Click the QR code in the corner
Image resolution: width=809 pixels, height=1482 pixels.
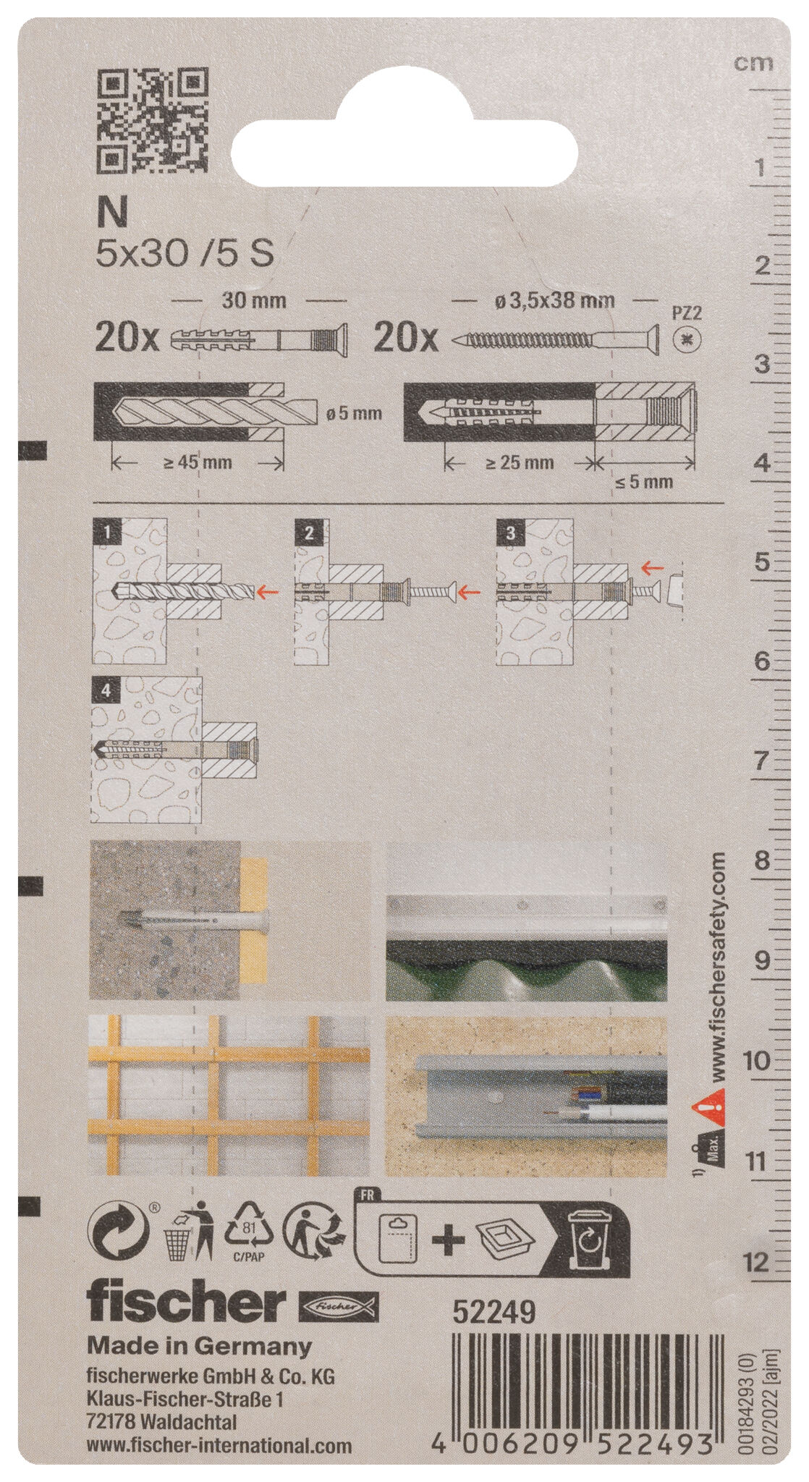click(x=153, y=121)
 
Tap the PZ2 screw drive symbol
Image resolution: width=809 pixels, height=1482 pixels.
click(x=687, y=339)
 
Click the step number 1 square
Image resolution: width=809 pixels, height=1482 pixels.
click(x=108, y=533)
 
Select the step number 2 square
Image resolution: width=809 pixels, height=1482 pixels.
click(x=309, y=533)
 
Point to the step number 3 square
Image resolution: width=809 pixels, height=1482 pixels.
click(x=511, y=533)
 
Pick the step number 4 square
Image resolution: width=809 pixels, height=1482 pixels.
click(x=106, y=691)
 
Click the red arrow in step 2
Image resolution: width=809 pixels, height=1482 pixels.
click(x=470, y=592)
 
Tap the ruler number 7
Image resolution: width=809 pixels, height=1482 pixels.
click(x=760, y=761)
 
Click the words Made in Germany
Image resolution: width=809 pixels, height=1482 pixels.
click(x=199, y=1347)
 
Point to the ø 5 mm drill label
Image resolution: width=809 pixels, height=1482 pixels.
click(x=354, y=414)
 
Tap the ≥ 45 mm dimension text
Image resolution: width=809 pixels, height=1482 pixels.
click(x=197, y=463)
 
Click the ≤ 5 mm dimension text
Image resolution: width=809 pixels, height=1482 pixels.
click(x=644, y=481)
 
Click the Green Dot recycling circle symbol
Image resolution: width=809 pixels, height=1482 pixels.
click(x=118, y=1228)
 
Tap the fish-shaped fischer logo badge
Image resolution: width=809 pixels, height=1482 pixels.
click(x=339, y=1305)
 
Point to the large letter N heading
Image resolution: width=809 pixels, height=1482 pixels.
click(x=112, y=213)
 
